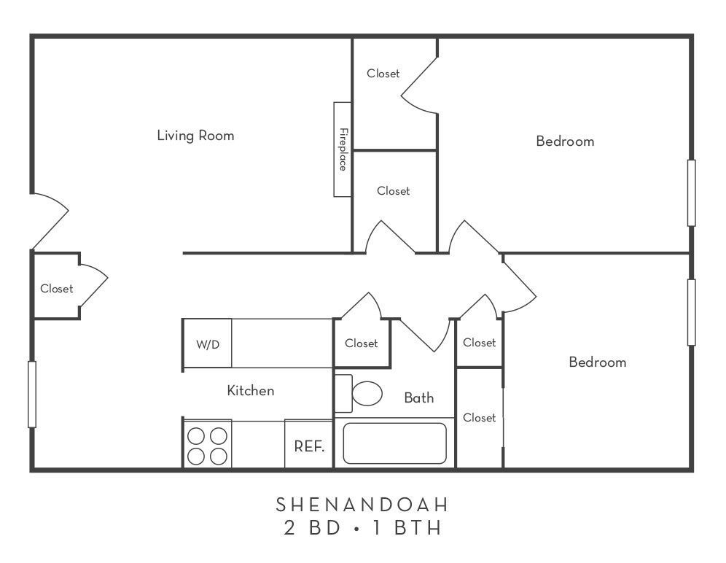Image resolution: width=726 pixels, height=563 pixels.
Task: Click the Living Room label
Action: point(195,136)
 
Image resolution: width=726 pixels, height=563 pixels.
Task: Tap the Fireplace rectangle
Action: point(343,150)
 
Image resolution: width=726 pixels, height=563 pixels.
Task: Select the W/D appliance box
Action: point(207,344)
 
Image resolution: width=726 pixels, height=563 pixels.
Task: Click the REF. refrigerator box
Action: point(308,445)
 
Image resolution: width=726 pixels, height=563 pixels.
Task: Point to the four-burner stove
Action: point(207,446)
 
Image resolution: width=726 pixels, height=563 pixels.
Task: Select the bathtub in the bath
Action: point(394,443)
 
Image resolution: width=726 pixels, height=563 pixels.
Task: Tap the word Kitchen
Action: point(251,391)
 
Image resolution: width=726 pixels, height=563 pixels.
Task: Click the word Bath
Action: point(418,397)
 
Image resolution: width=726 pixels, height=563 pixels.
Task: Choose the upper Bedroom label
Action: point(565,141)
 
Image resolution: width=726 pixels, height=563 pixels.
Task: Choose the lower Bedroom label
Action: point(597,362)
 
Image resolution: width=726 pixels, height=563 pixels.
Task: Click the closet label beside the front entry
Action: point(56,289)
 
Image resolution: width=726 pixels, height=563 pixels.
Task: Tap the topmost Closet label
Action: point(383,74)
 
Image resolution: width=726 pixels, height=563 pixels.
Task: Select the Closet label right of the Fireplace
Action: point(393,191)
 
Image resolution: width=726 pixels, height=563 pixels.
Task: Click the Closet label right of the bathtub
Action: point(479,418)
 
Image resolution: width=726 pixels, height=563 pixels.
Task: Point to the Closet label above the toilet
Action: point(361,343)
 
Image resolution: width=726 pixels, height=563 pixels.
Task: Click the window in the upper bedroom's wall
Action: point(691,193)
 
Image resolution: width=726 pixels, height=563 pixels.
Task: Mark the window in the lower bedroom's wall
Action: point(691,312)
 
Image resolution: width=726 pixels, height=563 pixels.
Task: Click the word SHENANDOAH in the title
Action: point(362,504)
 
